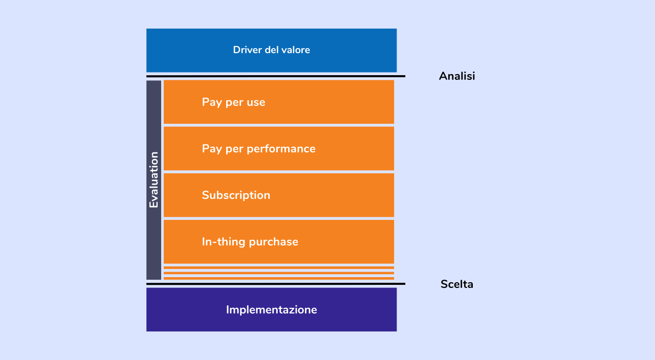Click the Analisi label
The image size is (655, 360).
(x=457, y=76)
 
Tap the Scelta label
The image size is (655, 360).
(x=457, y=284)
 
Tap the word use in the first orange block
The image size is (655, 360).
(x=256, y=102)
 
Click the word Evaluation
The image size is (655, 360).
(x=154, y=180)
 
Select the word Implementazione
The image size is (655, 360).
(x=271, y=310)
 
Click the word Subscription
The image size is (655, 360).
(x=236, y=195)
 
